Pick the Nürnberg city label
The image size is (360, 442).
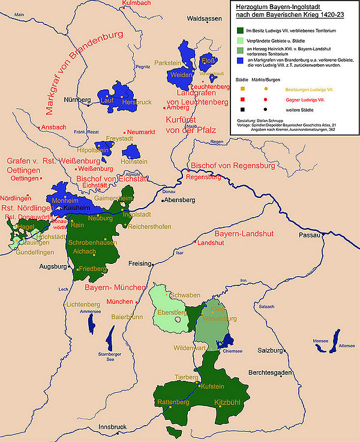76,99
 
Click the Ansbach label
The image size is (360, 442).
54,127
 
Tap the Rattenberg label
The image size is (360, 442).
173,402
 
